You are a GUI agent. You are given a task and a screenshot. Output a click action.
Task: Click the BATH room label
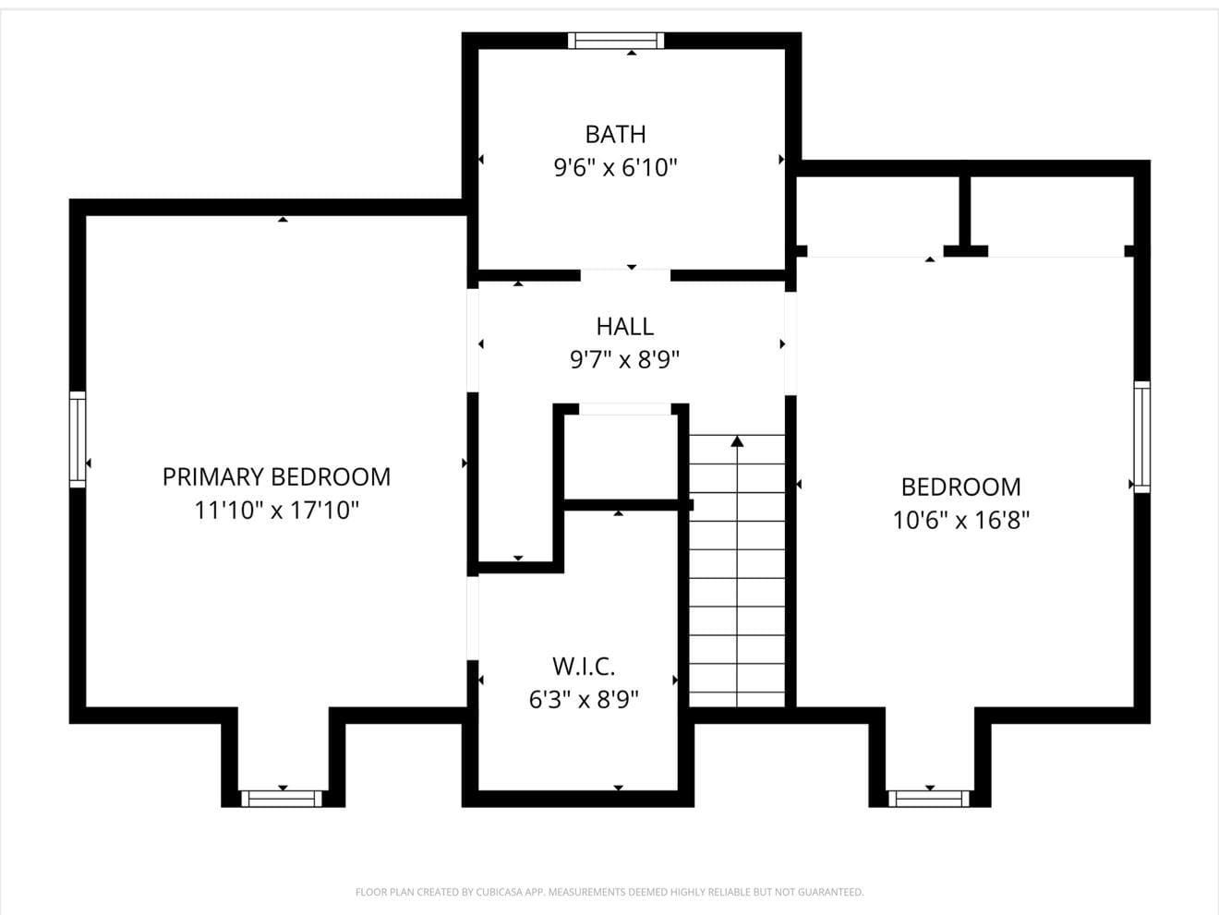(615, 134)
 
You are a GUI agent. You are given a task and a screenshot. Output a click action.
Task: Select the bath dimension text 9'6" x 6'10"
(615, 168)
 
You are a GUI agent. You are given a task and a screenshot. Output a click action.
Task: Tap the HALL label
(624, 326)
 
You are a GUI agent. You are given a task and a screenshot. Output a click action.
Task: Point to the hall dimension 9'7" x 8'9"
(624, 359)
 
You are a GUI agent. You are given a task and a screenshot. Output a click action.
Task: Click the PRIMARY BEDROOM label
(276, 476)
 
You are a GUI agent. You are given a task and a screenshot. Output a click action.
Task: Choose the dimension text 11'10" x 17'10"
(276, 510)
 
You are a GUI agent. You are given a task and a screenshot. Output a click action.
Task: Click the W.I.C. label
(583, 666)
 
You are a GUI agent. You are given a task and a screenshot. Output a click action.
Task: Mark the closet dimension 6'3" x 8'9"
(583, 699)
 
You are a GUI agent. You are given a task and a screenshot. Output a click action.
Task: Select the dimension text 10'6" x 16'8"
(960, 520)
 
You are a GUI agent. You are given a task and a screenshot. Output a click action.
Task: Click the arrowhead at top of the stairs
(737, 441)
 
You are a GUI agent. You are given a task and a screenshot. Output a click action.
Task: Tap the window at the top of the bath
(616, 40)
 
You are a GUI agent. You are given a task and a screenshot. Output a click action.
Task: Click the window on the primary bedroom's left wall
(78, 439)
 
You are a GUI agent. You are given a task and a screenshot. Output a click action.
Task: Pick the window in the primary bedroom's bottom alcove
(282, 798)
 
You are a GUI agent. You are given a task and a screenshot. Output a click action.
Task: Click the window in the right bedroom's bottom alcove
(929, 798)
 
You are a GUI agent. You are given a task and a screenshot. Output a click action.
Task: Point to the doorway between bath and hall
(625, 274)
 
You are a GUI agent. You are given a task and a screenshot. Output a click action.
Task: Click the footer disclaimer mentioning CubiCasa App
(609, 892)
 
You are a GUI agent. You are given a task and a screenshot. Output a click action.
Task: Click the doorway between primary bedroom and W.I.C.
(472, 617)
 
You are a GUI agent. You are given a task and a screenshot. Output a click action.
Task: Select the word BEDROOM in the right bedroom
(960, 487)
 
